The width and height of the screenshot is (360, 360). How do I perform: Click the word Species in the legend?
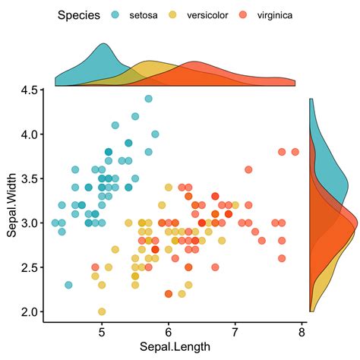(x=79, y=15)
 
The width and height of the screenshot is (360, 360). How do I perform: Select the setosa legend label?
(x=144, y=15)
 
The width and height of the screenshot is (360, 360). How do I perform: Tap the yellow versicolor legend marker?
(x=173, y=15)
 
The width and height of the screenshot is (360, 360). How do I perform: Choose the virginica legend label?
(x=274, y=15)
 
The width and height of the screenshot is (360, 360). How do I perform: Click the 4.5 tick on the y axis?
(x=30, y=90)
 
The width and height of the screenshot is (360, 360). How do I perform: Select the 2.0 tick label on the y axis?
(x=30, y=311)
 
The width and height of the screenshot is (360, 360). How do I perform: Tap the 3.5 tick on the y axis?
(x=30, y=178)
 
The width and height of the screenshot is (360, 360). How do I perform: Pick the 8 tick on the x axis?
(x=302, y=331)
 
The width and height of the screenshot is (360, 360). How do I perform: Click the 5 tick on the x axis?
(x=102, y=331)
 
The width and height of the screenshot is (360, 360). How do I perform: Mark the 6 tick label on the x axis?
(x=169, y=331)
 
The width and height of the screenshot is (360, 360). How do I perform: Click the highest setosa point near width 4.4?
(x=148, y=99)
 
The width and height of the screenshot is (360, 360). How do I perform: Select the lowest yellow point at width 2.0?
(x=102, y=311)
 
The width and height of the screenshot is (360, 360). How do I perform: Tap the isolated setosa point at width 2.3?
(x=68, y=285)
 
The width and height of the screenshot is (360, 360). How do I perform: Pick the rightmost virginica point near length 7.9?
(x=295, y=152)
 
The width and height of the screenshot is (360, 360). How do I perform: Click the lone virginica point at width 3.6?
(x=248, y=169)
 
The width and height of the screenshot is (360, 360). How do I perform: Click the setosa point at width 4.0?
(x=155, y=134)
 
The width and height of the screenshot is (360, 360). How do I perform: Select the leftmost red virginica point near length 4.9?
(x=95, y=267)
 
